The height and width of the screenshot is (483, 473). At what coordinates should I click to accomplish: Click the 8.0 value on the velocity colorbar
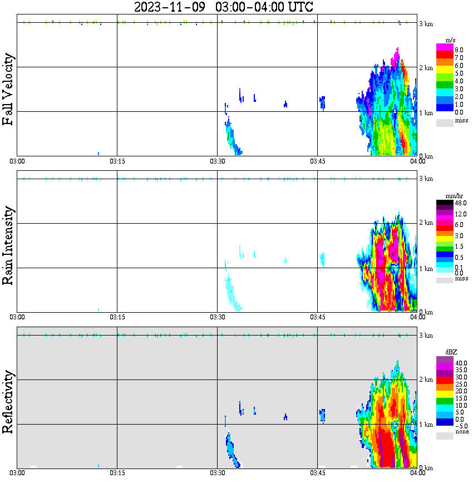click(459, 50)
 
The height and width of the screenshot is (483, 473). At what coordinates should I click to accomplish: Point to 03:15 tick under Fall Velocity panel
click(117, 161)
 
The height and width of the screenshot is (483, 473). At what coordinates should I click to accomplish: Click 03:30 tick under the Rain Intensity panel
click(217, 318)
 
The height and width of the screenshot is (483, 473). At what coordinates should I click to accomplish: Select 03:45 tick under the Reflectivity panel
click(317, 474)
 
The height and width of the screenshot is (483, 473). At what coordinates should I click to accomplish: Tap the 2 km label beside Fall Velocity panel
click(426, 68)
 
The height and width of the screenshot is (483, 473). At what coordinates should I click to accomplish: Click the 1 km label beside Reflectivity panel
click(426, 425)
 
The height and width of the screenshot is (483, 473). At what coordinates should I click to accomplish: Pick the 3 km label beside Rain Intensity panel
click(426, 178)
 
